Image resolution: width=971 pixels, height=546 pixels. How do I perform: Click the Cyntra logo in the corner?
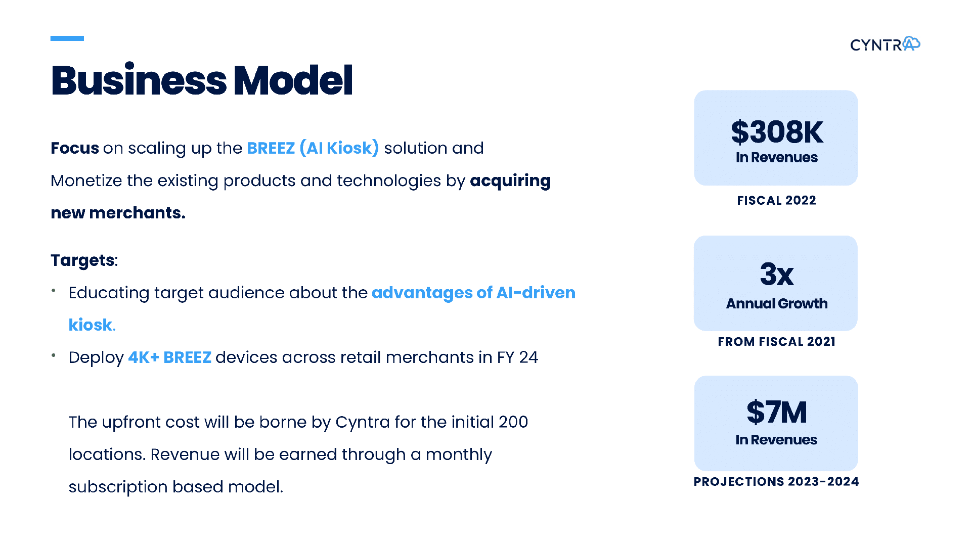click(x=885, y=44)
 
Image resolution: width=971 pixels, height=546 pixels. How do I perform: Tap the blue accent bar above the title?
click(x=67, y=38)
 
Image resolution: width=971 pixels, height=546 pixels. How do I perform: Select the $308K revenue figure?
click(x=777, y=132)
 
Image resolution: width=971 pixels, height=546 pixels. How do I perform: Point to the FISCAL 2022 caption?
click(x=776, y=201)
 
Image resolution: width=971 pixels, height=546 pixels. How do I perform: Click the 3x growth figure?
click(x=777, y=274)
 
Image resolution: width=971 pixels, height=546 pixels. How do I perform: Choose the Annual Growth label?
click(x=777, y=303)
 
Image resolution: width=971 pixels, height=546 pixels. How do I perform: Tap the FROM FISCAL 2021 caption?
click(x=776, y=342)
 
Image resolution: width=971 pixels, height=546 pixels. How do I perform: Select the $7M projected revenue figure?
click(x=777, y=412)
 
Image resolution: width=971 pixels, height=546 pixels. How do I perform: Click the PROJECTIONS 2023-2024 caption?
click(x=776, y=482)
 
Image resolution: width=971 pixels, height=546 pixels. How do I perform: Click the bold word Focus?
click(x=75, y=148)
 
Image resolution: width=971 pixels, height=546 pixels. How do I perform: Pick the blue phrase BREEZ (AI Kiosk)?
click(x=313, y=148)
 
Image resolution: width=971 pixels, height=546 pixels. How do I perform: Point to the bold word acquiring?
click(x=510, y=181)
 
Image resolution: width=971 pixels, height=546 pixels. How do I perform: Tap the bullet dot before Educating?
click(x=53, y=291)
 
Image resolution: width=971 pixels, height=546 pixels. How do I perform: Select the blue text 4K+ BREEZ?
click(x=169, y=357)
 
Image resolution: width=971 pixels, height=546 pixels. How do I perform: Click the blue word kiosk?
click(x=91, y=325)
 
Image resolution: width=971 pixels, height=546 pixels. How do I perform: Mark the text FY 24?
click(x=517, y=357)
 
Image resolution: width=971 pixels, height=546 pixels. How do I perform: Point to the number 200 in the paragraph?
click(x=513, y=422)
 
